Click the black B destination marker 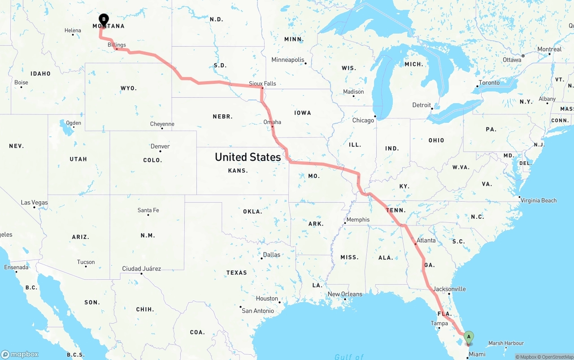point(104,19)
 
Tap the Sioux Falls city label point(262,83)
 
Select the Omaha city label point(272,122)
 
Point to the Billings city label point(117,45)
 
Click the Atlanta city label point(426,240)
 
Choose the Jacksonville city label point(449,289)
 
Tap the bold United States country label point(248,157)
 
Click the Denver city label point(160,146)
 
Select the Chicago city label point(363,120)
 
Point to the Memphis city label point(358,220)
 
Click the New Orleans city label point(345,294)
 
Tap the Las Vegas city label point(34,203)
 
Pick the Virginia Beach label point(539,200)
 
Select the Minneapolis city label point(287,60)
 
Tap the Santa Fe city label point(148,210)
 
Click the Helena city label point(73,30)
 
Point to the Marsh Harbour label point(506,343)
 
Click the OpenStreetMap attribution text point(556,357)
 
